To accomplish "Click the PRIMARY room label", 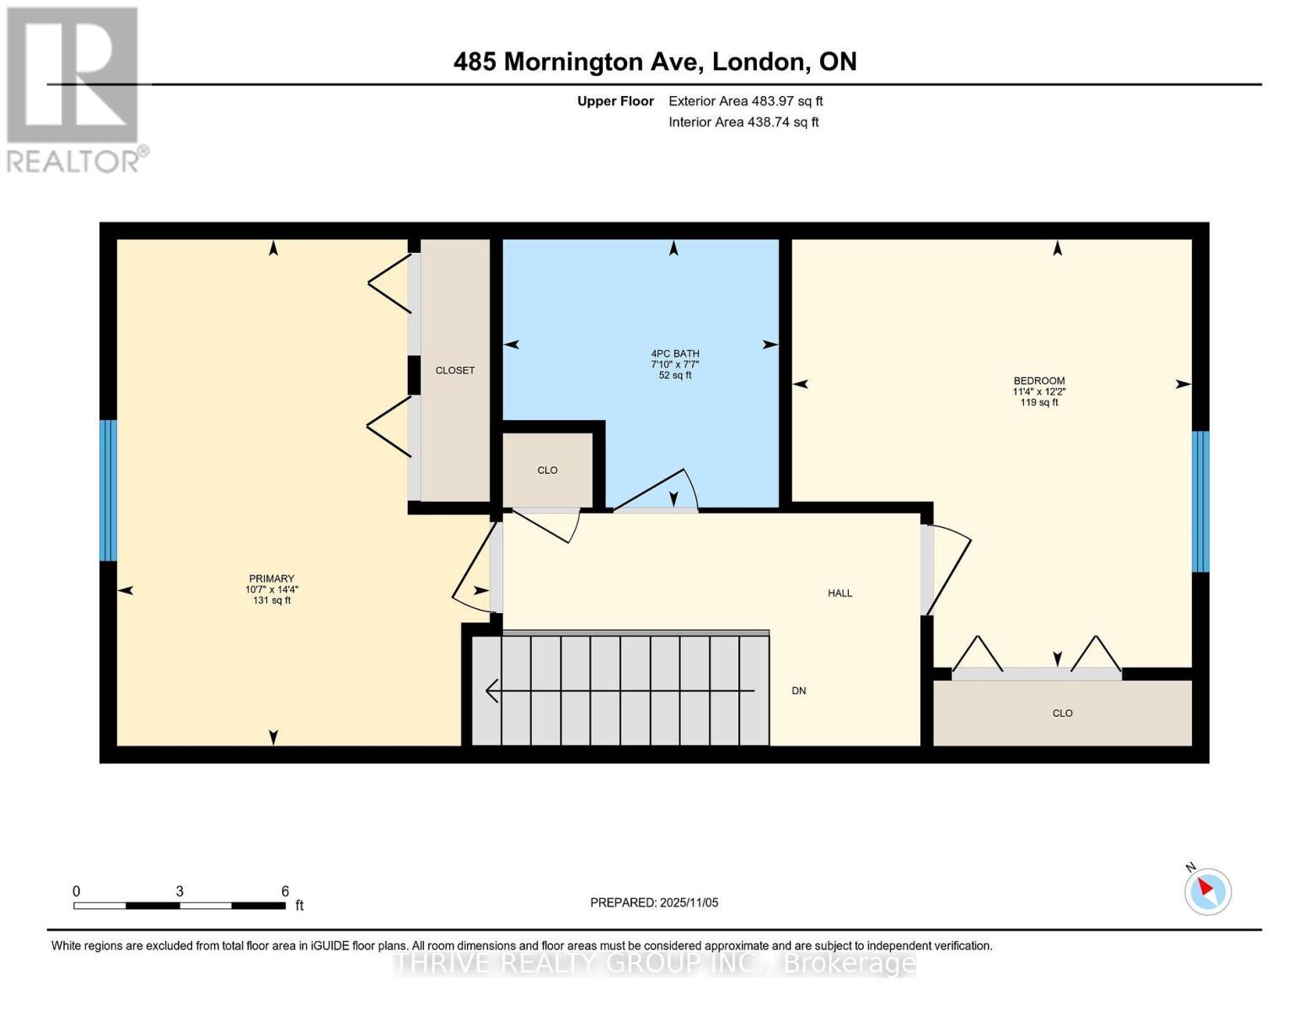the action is (271, 579).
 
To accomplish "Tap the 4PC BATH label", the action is (674, 354).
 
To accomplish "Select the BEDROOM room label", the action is (1039, 381).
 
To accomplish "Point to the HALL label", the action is (840, 594).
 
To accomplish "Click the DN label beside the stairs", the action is (799, 691).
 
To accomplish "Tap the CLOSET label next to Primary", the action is (455, 371).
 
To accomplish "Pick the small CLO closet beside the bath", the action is (548, 470).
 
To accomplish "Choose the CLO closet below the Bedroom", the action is (1062, 713).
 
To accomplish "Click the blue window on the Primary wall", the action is (108, 491).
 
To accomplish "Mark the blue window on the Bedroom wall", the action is (1200, 501).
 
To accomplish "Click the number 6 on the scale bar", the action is (285, 891).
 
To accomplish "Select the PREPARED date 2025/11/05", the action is (689, 903).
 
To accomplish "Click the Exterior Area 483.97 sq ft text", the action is (746, 101).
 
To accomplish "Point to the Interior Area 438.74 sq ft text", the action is (744, 122).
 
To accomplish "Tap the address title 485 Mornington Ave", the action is (578, 62).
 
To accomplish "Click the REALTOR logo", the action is (75, 90).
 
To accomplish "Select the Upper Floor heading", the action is (615, 101).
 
